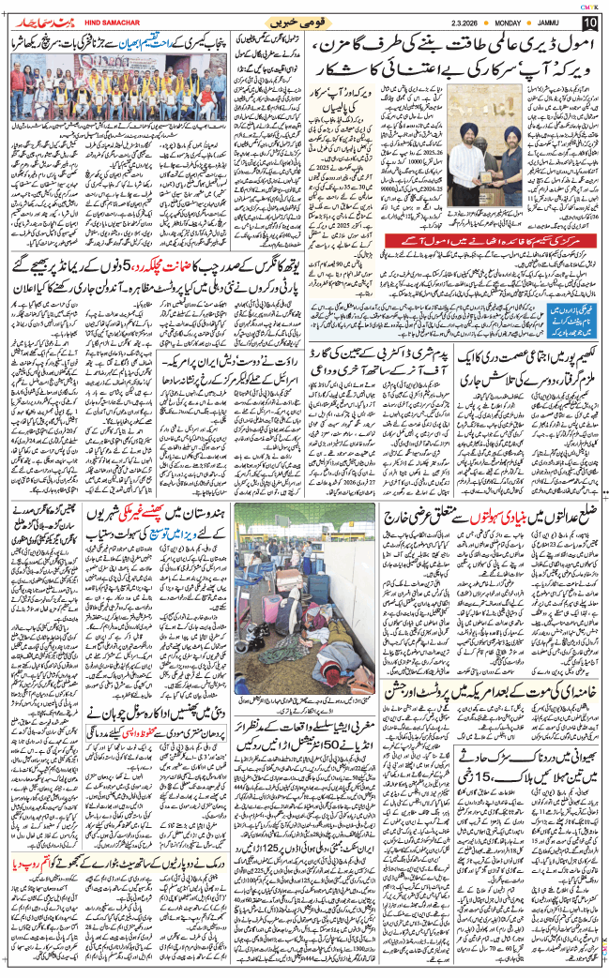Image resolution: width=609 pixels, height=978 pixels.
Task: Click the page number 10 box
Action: click(589, 22)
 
